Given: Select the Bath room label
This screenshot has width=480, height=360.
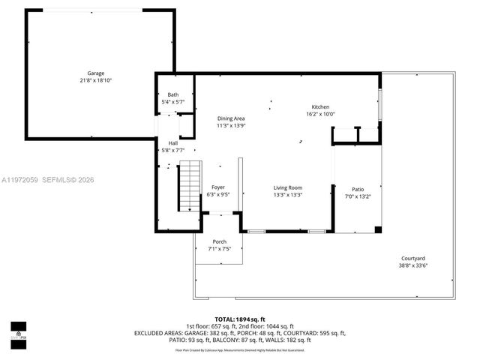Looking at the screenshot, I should tap(173, 94).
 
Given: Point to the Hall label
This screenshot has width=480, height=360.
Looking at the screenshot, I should tap(173, 142).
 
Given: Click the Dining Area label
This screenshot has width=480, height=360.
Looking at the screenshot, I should tap(231, 118).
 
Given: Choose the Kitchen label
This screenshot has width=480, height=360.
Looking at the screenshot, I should tap(320, 107).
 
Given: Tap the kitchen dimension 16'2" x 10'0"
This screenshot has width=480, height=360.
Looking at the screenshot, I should tap(320, 114).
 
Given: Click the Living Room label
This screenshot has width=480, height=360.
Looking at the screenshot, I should tap(287, 187).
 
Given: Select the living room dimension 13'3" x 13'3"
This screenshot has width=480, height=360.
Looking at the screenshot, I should tap(287, 195).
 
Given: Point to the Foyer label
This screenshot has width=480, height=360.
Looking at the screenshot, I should tap(217, 187).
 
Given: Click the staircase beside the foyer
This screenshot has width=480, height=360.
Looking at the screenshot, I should tap(190, 187).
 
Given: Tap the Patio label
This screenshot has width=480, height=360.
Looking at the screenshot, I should tap(358, 189).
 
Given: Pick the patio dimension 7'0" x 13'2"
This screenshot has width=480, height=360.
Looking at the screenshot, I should tap(358, 196).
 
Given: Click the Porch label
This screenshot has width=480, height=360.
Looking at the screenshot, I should tap(219, 241).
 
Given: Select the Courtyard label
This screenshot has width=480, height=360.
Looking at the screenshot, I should tap(412, 258).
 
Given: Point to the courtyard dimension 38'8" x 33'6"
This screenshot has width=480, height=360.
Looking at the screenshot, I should tap(412, 265).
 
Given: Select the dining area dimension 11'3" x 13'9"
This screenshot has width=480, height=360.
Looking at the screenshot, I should tap(231, 126).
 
